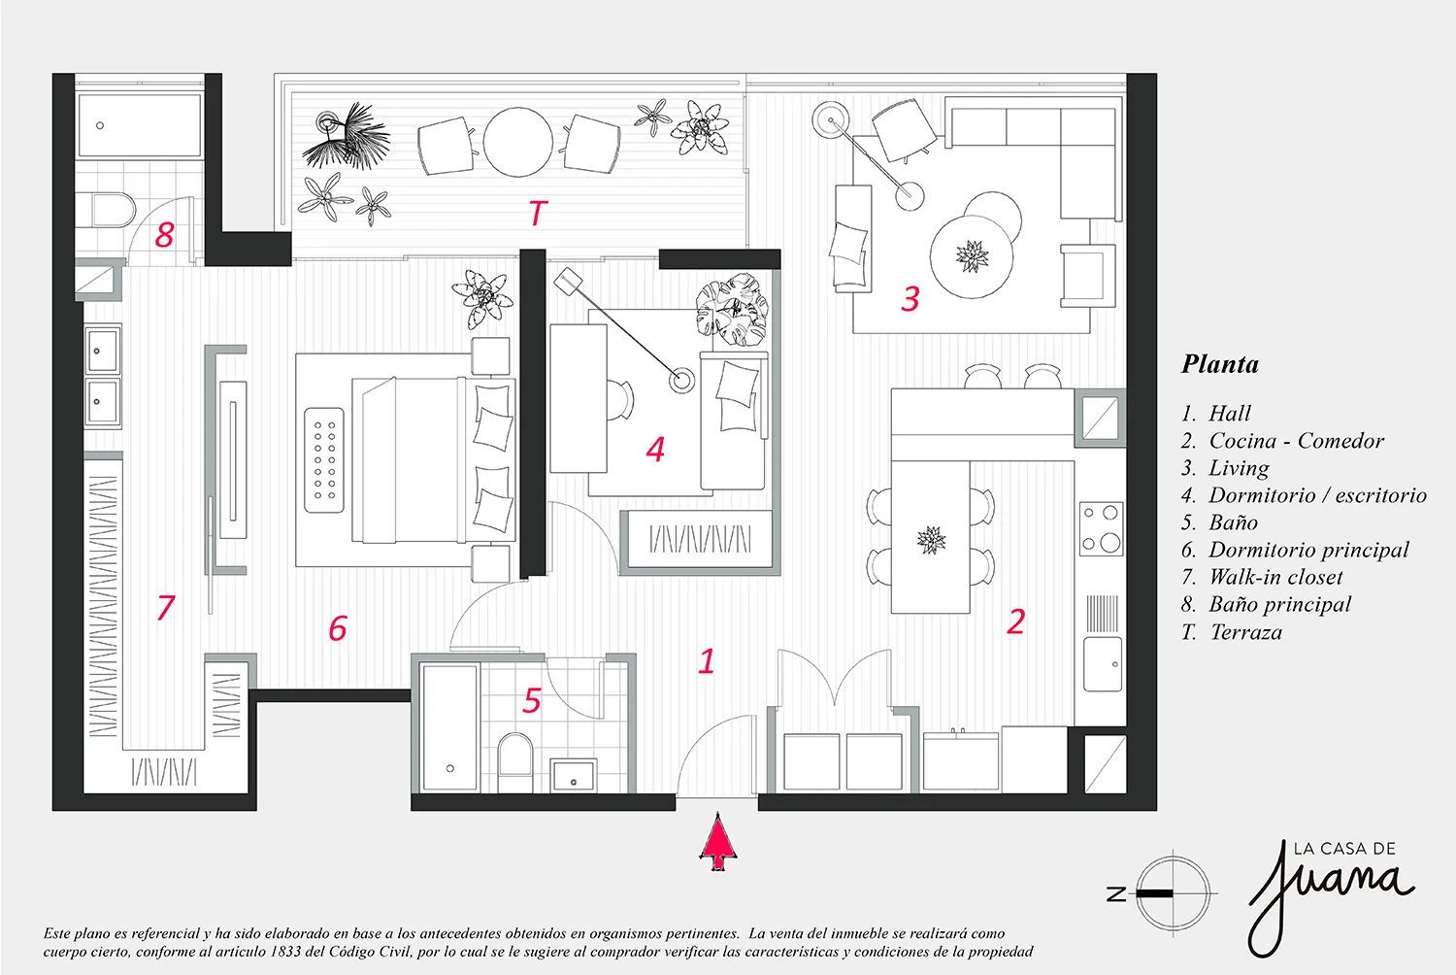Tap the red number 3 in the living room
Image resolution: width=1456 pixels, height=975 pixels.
(910, 298)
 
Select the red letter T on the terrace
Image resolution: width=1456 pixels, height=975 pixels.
(537, 213)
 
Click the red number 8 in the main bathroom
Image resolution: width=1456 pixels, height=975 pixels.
(165, 234)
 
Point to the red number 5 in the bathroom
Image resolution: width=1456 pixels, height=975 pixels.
(532, 700)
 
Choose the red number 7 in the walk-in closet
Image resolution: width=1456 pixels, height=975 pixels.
(166, 608)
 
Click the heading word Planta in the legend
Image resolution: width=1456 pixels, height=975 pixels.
(1220, 364)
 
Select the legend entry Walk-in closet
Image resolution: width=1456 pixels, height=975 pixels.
(1274, 577)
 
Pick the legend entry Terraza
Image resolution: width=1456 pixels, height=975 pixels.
(1245, 632)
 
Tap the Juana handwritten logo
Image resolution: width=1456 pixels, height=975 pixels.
(1330, 889)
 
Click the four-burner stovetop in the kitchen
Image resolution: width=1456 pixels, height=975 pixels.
(1102, 528)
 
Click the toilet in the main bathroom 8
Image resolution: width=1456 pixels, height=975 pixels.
(103, 210)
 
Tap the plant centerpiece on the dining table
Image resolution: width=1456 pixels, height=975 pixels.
(931, 539)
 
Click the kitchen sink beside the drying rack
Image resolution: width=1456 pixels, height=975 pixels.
(1103, 664)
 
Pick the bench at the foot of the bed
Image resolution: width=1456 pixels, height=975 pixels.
(323, 459)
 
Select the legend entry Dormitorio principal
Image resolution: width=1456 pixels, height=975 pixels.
(1307, 550)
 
